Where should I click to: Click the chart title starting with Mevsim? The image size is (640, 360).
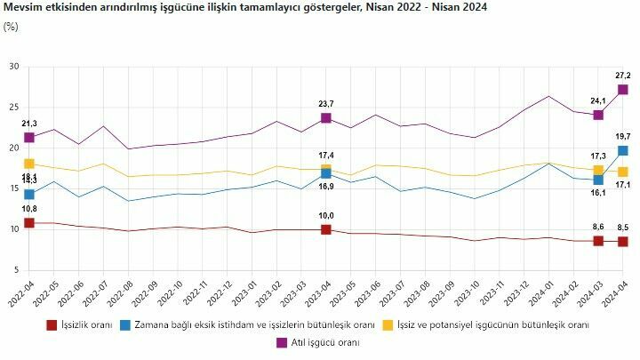[x=249, y=8]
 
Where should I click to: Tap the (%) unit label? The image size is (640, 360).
[x=11, y=27]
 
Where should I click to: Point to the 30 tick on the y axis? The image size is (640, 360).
[x=13, y=67]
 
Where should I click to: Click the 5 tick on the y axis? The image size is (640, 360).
[x=16, y=270]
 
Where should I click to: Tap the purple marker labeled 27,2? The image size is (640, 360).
[x=623, y=90]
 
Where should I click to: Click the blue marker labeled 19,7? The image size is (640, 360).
[x=623, y=150]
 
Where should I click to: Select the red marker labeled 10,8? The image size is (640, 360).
[x=29, y=223]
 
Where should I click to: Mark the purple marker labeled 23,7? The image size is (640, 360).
[x=326, y=118]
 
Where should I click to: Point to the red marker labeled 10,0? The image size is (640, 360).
[x=326, y=229]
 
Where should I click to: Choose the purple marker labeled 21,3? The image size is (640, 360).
[x=29, y=138]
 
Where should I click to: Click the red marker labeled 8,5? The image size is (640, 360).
[x=623, y=242]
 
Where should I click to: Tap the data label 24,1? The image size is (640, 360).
[x=597, y=100]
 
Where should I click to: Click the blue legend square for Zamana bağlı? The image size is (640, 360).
[x=126, y=325]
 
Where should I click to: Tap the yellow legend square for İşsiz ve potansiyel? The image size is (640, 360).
[x=389, y=325]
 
